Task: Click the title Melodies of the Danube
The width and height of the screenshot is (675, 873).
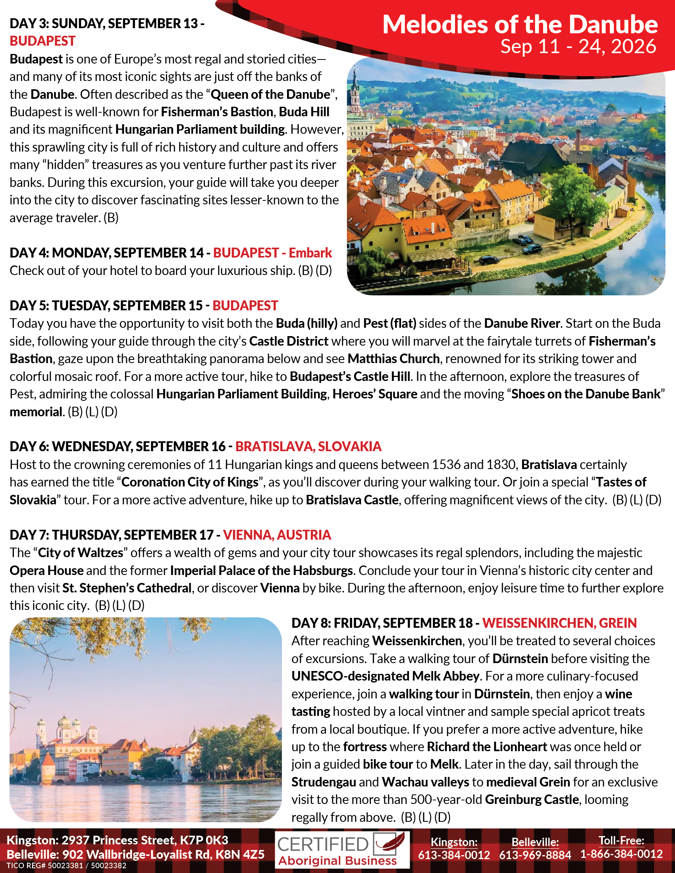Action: coord(520,25)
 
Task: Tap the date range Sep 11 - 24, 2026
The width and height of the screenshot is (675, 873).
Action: coord(578,47)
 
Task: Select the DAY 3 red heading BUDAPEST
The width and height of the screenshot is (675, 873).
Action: coord(42,41)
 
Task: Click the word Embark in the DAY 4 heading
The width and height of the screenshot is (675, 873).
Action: coord(310,253)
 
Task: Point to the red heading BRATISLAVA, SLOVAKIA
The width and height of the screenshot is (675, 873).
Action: coord(308,446)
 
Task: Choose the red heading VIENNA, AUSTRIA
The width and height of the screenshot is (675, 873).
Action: coord(277,535)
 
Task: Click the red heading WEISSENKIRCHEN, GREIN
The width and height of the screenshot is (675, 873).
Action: coord(559,623)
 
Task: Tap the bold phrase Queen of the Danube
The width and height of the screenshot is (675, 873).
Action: coord(270,94)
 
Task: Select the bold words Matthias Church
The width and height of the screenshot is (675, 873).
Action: coord(393,359)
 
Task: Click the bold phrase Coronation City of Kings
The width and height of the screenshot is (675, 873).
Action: coord(190,483)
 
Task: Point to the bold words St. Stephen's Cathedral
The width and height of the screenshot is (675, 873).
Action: coord(127,588)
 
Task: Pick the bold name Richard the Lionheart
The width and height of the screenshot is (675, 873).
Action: coord(487,747)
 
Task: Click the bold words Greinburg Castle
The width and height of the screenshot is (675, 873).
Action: coord(532,800)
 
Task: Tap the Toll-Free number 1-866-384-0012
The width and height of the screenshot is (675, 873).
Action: coord(621,854)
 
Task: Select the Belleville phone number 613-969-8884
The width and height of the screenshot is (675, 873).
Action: coord(535,855)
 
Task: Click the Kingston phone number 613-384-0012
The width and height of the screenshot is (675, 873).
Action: coord(454,855)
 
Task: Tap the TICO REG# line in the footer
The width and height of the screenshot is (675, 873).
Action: coord(66,866)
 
